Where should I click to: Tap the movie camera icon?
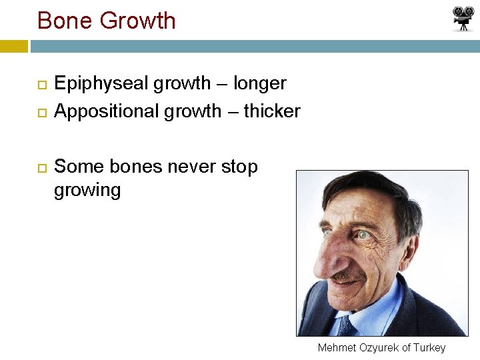click(463, 19)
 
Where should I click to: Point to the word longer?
click(259, 83)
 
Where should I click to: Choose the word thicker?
click(272, 111)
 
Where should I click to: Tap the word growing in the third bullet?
click(87, 191)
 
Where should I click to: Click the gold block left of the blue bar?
click(14, 46)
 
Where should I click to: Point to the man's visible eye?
click(363, 235)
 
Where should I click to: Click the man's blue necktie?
click(345, 325)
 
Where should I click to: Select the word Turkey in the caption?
click(429, 347)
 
